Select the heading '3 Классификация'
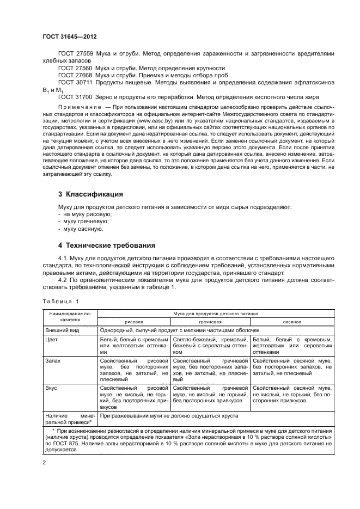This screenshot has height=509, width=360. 90,194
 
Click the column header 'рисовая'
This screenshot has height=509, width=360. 135,322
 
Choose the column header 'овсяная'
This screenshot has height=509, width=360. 292,322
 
